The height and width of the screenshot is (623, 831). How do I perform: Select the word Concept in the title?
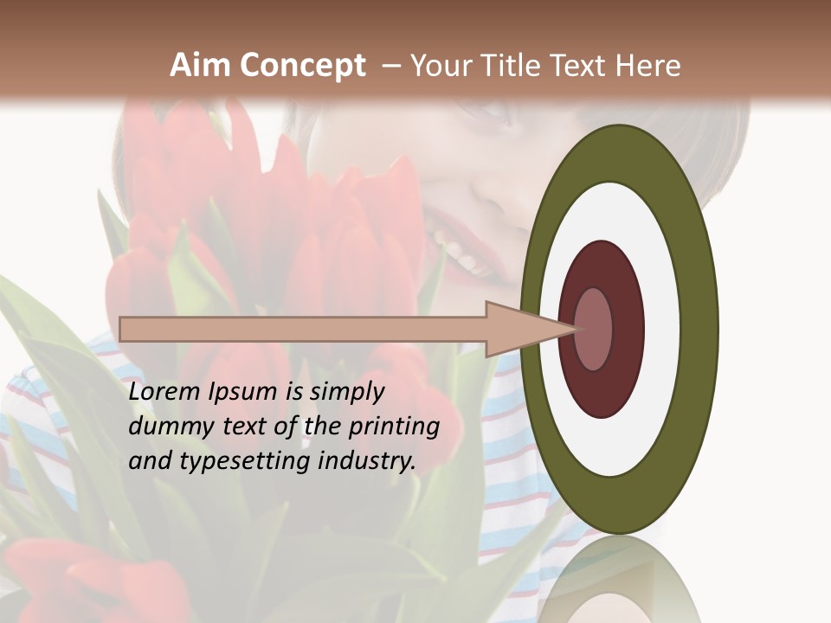click(301, 66)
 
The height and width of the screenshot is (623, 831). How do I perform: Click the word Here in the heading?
click(648, 66)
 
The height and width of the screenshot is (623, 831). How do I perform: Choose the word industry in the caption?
click(367, 461)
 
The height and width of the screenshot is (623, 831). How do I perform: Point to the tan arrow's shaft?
click(303, 330)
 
